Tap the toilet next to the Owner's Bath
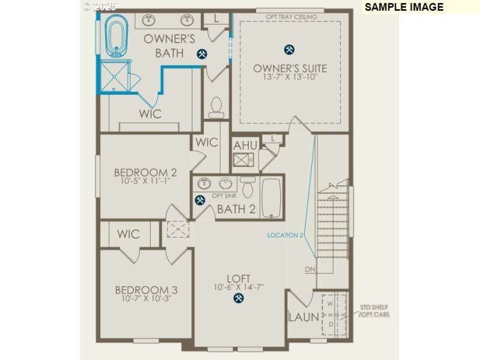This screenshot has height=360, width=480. click(216, 107)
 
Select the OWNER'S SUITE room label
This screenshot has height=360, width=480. click(290, 68)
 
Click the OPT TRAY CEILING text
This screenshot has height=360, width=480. click(291, 17)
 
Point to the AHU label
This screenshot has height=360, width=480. click(245, 146)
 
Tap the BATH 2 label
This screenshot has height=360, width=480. click(236, 209)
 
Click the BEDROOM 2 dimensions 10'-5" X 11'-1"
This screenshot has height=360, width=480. click(145, 180)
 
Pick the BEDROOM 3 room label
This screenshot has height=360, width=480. click(146, 290)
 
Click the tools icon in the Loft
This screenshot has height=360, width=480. click(239, 297)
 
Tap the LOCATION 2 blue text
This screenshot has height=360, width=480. click(286, 235)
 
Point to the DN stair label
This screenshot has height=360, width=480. click(310, 269)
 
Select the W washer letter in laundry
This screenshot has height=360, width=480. click(330, 304)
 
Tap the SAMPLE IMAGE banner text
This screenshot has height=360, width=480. click(404, 7)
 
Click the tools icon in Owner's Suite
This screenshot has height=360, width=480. click(289, 49)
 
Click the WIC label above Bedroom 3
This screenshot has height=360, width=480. click(128, 233)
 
